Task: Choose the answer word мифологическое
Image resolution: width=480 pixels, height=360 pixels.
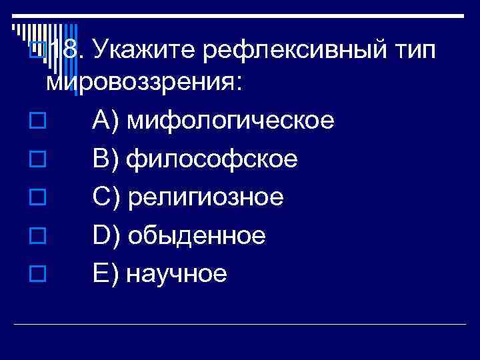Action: (x=230, y=122)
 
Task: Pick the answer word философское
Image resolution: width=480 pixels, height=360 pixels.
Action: (x=212, y=160)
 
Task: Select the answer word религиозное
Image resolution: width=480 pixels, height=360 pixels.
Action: (x=205, y=197)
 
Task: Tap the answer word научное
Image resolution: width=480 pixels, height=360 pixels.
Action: (x=177, y=273)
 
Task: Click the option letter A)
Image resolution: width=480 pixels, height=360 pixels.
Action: (x=105, y=122)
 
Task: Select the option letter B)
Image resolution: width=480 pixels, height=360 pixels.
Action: (x=105, y=160)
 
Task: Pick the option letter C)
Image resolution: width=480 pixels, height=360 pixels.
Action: (x=105, y=197)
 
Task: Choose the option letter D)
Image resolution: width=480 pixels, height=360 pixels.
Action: (x=105, y=235)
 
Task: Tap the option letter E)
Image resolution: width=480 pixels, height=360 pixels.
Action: (x=105, y=273)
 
